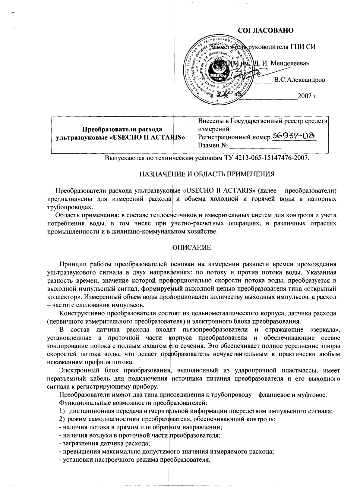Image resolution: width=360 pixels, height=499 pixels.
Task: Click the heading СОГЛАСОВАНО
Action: point(266,31)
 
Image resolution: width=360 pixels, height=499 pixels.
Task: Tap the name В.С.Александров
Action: point(299,80)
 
